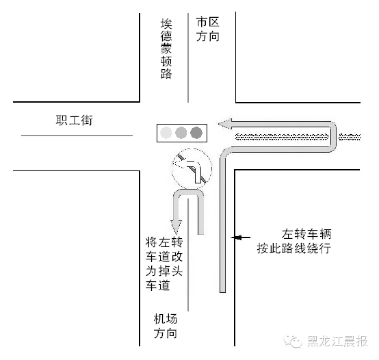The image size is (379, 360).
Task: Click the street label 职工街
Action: (x=74, y=120)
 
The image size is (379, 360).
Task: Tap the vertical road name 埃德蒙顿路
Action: (x=166, y=49)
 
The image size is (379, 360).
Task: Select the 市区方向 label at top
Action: (x=207, y=29)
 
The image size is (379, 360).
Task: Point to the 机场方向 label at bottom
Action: (x=166, y=326)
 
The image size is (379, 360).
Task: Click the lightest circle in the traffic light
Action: (x=166, y=133)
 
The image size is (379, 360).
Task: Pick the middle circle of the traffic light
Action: (x=181, y=133)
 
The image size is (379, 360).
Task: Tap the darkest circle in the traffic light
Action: (x=196, y=133)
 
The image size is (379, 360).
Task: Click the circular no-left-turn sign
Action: (x=192, y=169)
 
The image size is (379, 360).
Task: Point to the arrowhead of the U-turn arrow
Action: (x=177, y=227)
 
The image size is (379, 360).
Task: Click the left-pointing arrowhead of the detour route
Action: (x=225, y=124)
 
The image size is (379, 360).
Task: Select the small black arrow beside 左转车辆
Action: (x=241, y=237)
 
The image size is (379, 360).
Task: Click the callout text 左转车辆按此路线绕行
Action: (x=294, y=241)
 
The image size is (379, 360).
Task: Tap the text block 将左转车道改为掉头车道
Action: (x=164, y=263)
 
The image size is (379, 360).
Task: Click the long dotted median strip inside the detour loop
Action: (x=282, y=137)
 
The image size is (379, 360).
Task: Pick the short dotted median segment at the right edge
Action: (x=350, y=137)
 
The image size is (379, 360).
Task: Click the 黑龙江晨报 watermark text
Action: (x=337, y=342)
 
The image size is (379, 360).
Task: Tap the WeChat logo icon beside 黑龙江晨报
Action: (x=293, y=341)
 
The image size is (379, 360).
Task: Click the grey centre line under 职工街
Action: (x=77, y=136)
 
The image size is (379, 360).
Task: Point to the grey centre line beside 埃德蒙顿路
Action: (x=188, y=57)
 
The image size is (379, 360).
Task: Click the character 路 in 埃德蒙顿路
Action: (x=166, y=73)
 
